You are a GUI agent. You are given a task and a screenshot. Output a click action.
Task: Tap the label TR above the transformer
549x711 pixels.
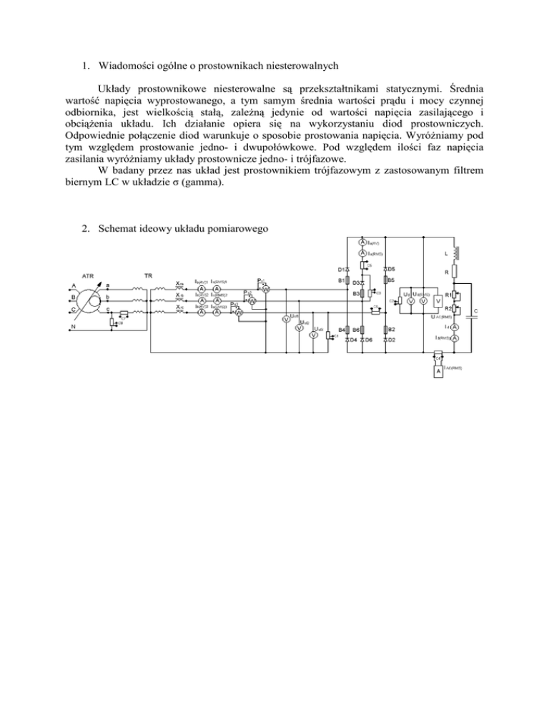[147, 275]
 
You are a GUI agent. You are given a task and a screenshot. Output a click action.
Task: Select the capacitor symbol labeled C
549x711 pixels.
[471, 315]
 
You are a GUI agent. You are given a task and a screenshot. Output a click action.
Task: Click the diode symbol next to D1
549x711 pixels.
[347, 270]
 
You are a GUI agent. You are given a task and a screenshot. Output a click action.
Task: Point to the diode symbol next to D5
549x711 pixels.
[385, 270]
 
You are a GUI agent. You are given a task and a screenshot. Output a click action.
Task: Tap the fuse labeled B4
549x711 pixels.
[347, 329]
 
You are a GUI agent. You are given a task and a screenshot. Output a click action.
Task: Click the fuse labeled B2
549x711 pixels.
[385, 329]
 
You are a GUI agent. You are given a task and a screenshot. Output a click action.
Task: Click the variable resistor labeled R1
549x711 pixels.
[455, 295]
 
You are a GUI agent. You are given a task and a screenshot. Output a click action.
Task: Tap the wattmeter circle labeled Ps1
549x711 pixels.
[264, 289]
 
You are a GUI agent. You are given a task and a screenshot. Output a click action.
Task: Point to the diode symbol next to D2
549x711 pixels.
[385, 340]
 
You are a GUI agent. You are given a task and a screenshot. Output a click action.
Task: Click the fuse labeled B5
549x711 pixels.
[385, 281]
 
